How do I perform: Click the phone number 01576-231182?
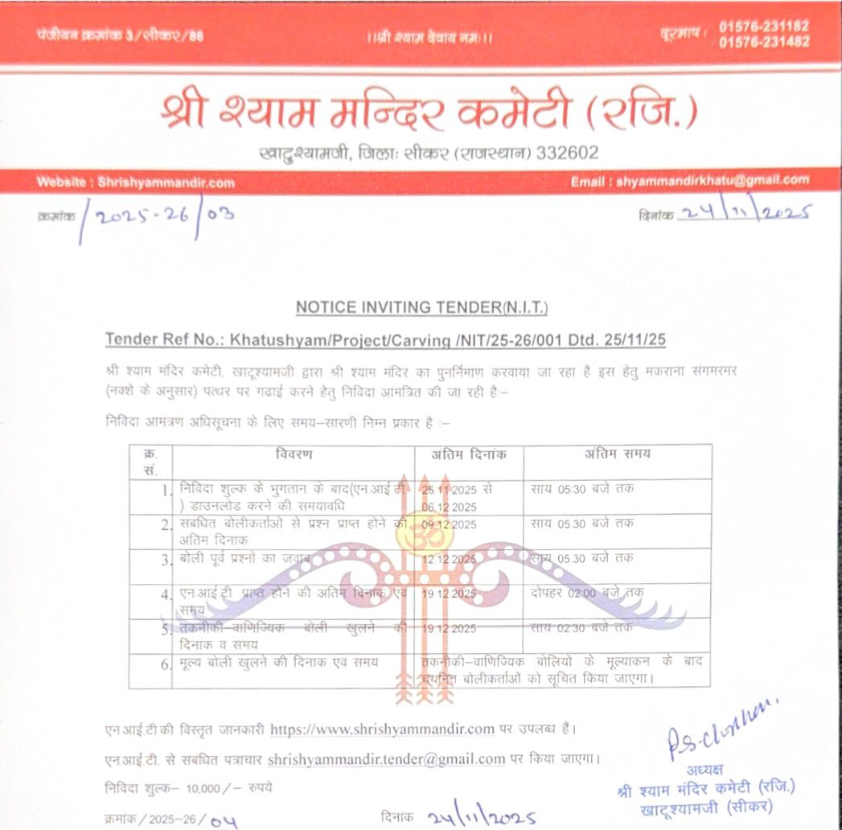coord(764,26)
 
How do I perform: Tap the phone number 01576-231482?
coord(764,41)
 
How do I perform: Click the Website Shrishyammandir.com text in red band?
coord(135,183)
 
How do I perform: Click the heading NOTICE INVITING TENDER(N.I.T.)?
coord(421,307)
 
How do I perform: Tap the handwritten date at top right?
coord(745,212)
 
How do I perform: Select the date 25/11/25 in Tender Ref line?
coord(639,340)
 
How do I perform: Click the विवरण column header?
coord(294,455)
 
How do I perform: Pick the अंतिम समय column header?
coord(617,454)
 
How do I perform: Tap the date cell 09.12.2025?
coord(449,525)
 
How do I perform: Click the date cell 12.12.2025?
coord(449,559)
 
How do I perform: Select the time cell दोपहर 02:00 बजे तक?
coord(587,593)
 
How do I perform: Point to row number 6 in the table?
coord(166,662)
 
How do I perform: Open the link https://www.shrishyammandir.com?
coord(382,729)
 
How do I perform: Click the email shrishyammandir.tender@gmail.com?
coord(386,758)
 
